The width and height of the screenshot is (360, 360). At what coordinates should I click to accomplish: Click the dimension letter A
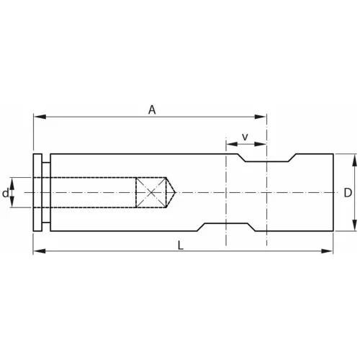click(152, 109)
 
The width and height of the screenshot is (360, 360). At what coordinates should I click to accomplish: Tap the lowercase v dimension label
click(245, 136)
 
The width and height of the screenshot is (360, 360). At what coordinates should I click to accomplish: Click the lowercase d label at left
click(6, 193)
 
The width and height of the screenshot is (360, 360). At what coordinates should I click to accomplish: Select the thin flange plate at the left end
click(37, 192)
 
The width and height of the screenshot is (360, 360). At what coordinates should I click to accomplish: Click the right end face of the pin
click(333, 192)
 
